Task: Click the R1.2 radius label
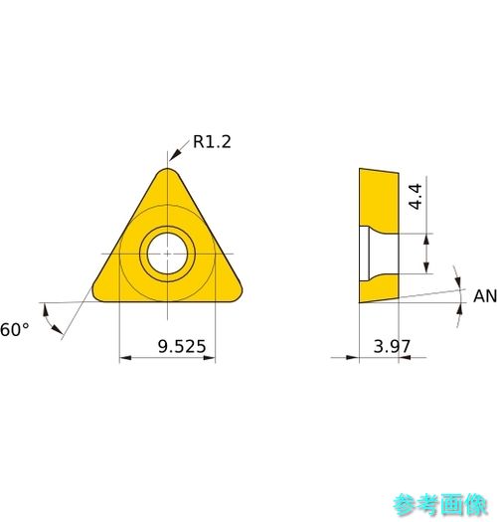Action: coord(212,142)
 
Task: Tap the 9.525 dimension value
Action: coord(182,346)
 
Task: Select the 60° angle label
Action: coord(14,329)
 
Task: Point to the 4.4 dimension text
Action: coord(415,197)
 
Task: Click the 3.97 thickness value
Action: coord(392,346)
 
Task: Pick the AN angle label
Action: coord(485,296)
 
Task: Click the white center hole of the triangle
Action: coord(167,254)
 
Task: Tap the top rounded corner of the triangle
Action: coord(168,171)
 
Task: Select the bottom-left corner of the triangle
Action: coord(97,295)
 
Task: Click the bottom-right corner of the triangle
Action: coord(237,295)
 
